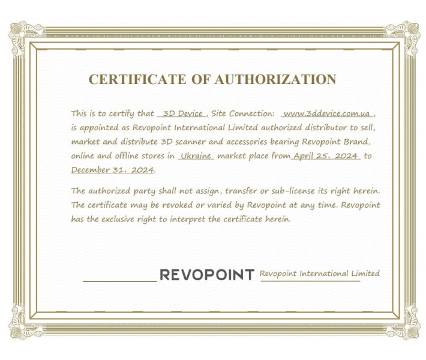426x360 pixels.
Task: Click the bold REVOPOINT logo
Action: point(208,275)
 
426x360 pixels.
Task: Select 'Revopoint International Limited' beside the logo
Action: point(319,273)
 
